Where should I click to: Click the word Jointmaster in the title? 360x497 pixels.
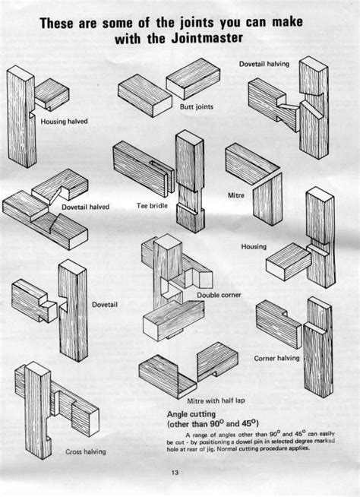click(x=225, y=40)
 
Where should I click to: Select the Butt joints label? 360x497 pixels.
click(x=197, y=108)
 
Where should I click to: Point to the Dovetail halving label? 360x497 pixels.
click(x=264, y=64)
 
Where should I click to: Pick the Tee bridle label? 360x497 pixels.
click(x=151, y=206)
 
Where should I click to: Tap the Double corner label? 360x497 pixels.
click(x=219, y=294)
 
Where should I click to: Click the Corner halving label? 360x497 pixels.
click(x=277, y=357)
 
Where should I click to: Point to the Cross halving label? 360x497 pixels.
click(x=85, y=451)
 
